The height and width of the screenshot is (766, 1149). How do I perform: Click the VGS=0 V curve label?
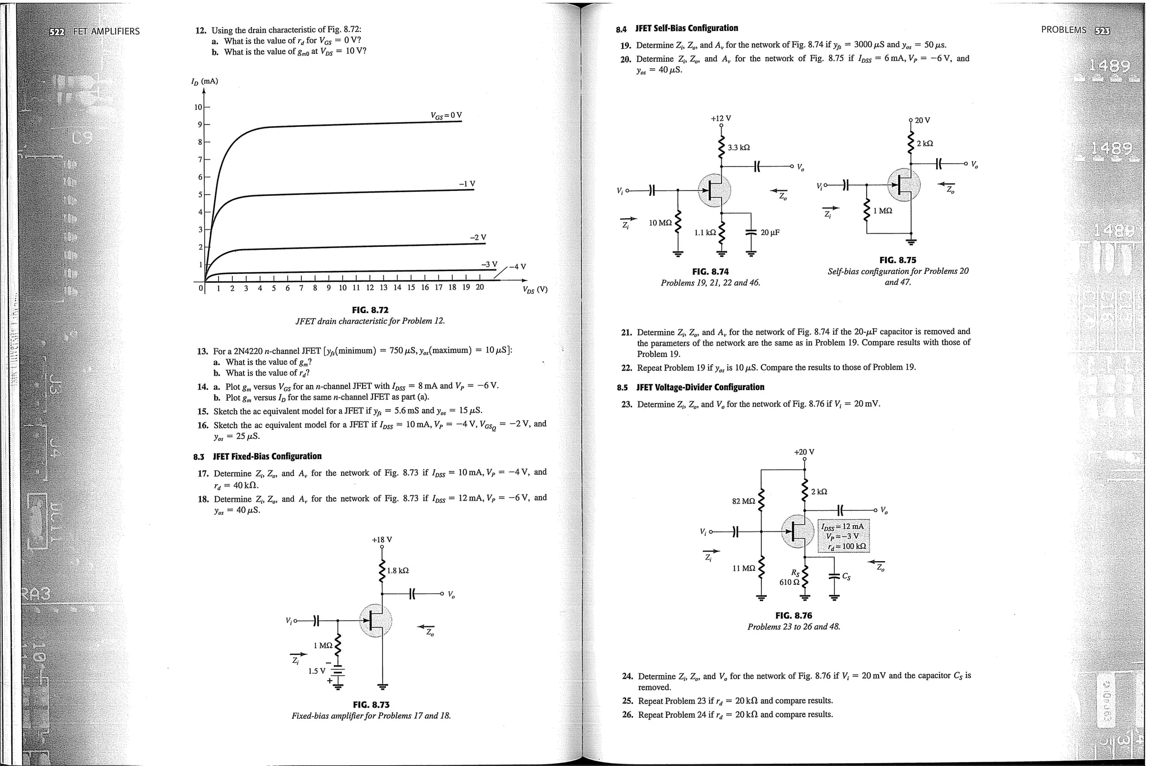(x=446, y=116)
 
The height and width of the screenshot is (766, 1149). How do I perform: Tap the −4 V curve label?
(x=518, y=267)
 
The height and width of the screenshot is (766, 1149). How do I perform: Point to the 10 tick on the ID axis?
(x=198, y=107)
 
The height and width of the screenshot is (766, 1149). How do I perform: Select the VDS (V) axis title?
(x=534, y=290)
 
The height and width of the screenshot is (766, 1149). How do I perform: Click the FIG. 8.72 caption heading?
(x=370, y=310)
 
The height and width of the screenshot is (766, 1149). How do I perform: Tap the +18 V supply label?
(x=382, y=540)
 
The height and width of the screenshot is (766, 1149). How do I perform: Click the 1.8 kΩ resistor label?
(x=398, y=571)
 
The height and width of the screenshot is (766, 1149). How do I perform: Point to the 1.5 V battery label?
(x=316, y=671)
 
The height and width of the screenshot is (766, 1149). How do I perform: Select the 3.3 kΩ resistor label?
(x=738, y=148)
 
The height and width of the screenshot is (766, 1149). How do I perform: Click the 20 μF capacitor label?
(x=770, y=232)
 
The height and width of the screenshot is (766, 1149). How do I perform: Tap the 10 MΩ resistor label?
(x=660, y=223)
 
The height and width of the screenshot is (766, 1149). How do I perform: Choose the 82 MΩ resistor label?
(x=743, y=501)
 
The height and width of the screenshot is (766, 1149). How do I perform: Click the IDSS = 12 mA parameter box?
(x=843, y=536)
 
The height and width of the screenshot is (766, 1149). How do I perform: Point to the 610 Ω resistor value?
(x=789, y=582)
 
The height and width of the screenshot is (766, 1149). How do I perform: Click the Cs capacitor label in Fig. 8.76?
(x=846, y=576)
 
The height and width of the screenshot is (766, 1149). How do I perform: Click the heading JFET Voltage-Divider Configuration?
(x=700, y=387)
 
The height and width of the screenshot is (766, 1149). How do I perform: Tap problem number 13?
(x=203, y=351)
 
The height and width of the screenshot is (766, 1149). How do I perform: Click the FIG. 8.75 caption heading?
(x=898, y=260)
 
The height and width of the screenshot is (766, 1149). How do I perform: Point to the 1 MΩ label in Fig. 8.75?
(x=883, y=211)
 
